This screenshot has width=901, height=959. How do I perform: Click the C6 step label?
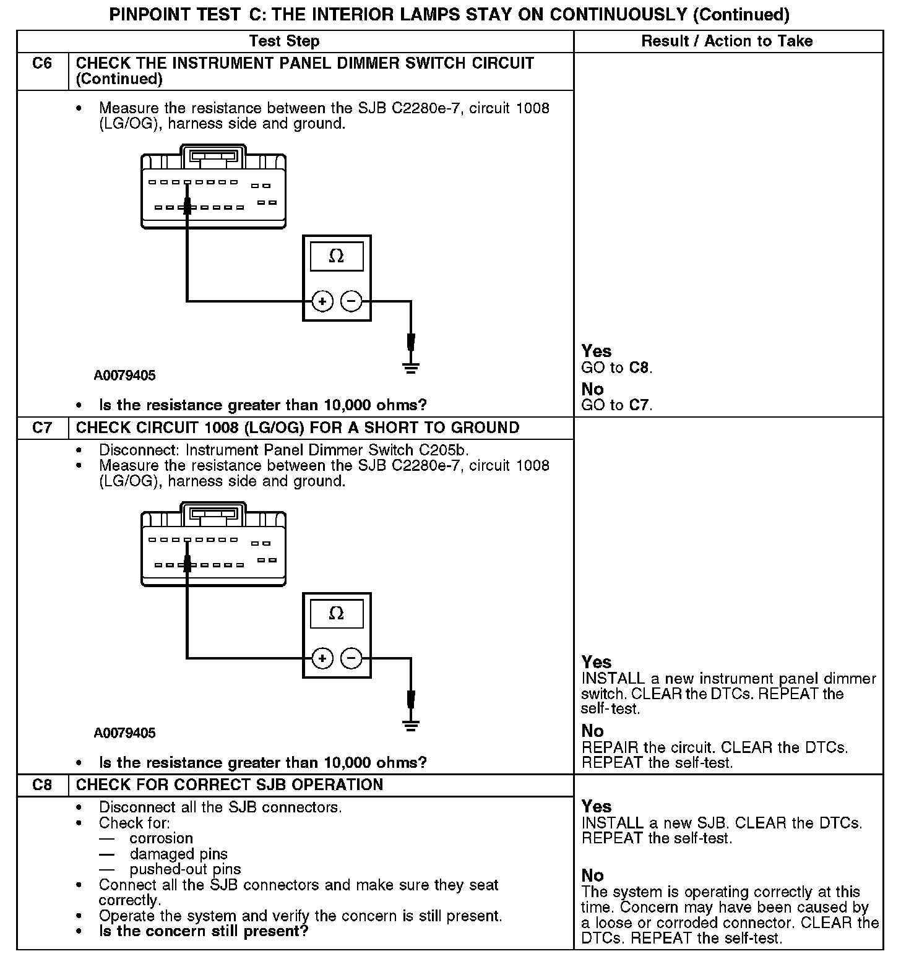coord(42,63)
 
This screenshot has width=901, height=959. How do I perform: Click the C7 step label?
coord(42,428)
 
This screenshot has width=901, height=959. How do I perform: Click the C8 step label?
coord(42,785)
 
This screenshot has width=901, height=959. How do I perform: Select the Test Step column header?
coord(284,41)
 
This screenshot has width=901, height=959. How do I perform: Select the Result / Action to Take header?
coord(727,41)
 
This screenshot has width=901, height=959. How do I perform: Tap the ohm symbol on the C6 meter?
coord(336,256)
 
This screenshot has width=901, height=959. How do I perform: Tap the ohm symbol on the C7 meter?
coord(336,613)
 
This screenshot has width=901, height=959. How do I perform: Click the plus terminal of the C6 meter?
coord(322,301)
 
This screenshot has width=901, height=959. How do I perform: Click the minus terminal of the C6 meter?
coord(351,301)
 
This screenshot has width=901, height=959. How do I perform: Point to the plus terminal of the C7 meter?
coord(322,658)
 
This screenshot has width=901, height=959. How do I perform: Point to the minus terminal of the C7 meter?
coord(351,658)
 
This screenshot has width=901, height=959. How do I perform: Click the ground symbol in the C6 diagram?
coord(410,368)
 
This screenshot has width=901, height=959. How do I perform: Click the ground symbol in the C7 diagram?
coord(410,725)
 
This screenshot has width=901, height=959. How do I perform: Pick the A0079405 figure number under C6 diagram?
coord(125,376)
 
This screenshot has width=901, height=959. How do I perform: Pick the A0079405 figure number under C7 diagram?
coord(125,733)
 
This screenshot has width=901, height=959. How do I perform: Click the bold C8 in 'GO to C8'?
coord(639,368)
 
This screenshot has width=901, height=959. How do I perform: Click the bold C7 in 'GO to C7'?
coord(639,405)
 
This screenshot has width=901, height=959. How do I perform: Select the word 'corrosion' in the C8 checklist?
coord(162,838)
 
